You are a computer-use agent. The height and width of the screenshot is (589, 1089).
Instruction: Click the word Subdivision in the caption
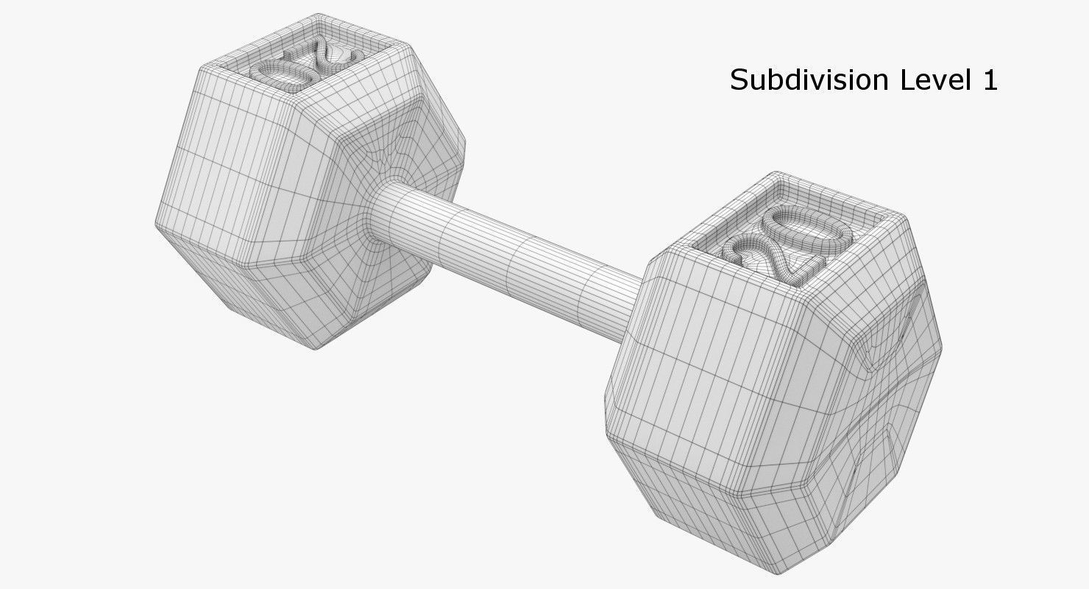810,80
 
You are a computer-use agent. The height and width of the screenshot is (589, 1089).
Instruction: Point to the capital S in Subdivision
739,80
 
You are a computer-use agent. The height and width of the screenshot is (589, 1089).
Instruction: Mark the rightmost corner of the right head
941,346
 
